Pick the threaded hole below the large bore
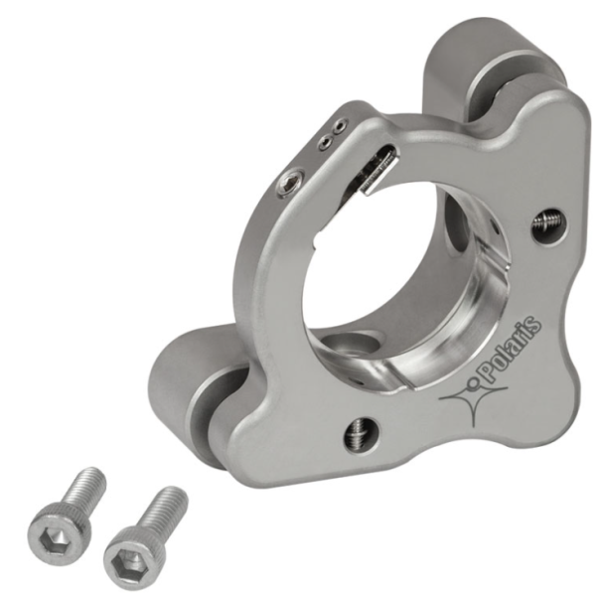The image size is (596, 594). (363, 434)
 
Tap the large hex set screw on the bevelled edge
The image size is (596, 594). (291, 183)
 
